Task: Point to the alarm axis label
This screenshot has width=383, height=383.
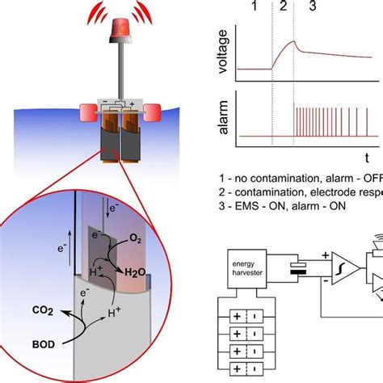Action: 225,120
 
